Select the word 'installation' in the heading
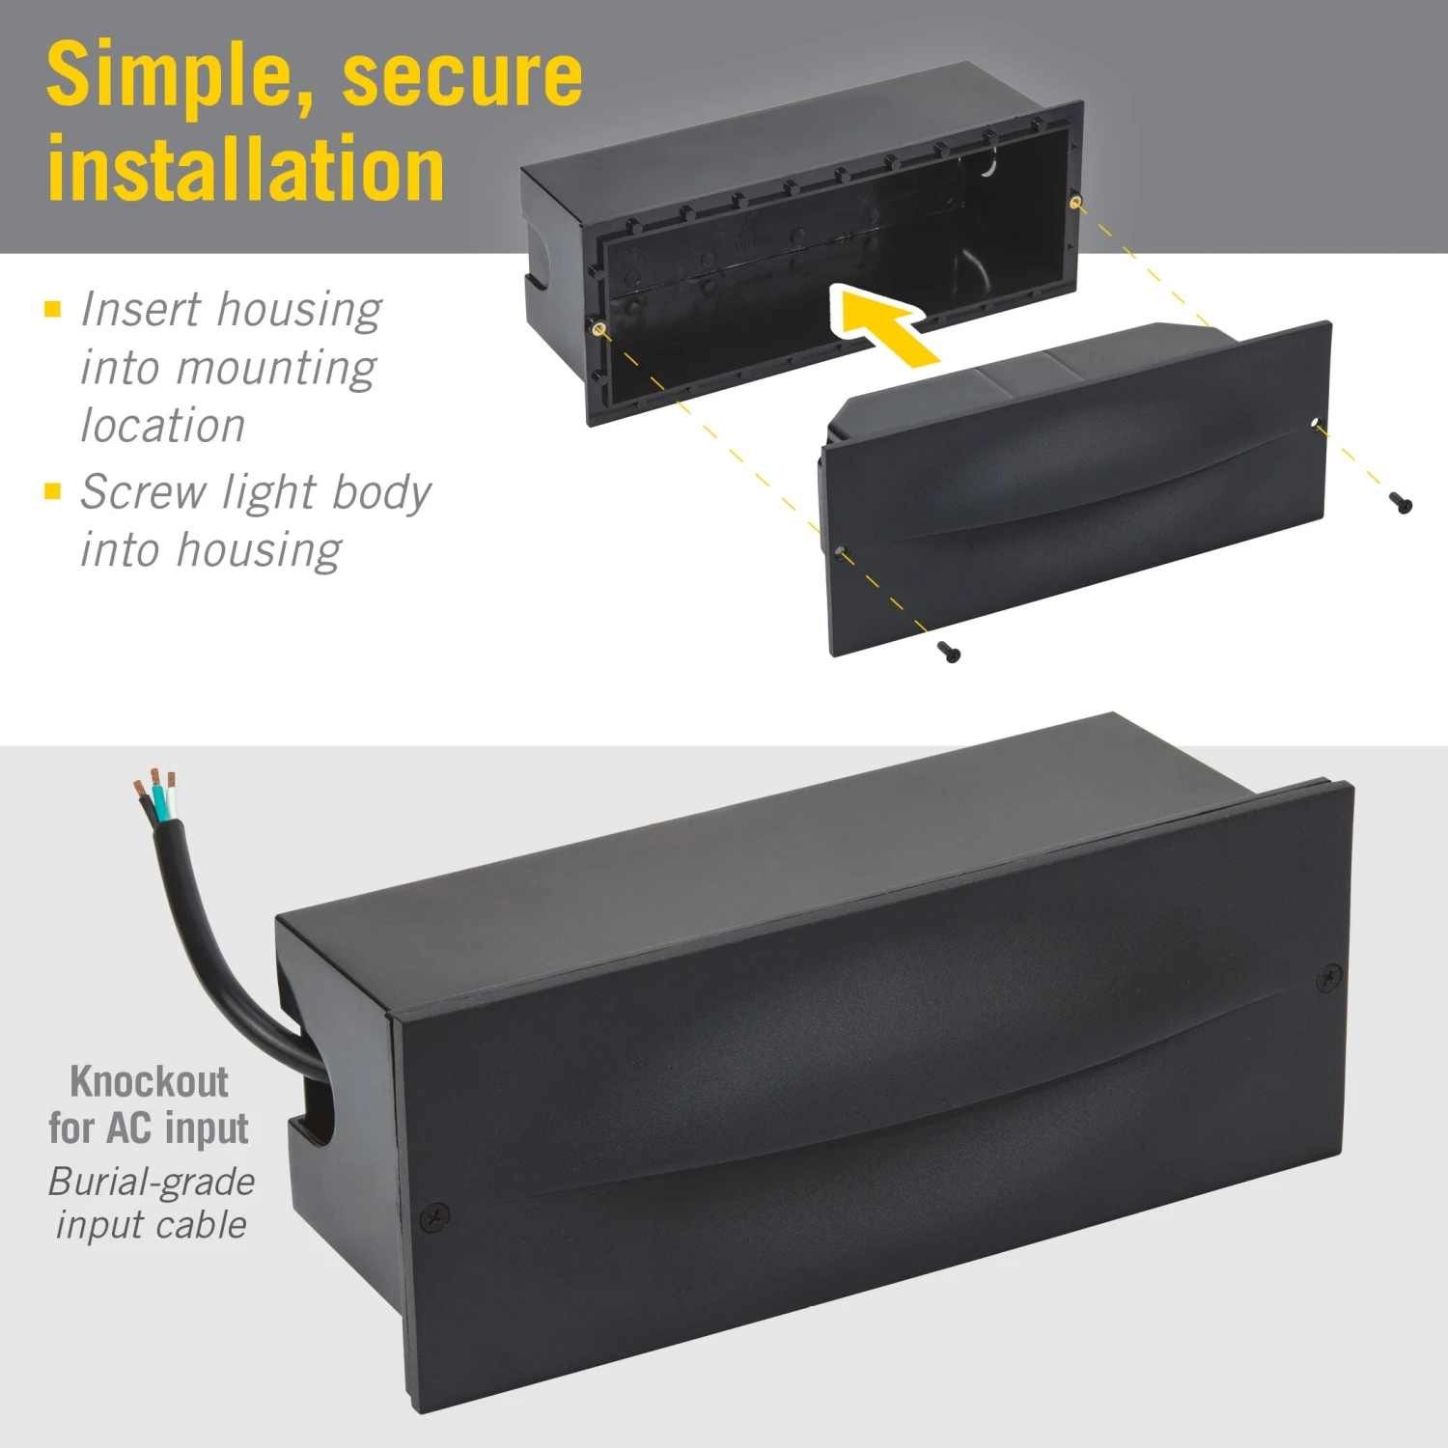tap(246, 170)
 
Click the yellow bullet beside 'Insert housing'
tap(53, 309)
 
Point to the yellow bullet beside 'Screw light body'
tap(53, 491)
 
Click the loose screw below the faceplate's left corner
tap(950, 653)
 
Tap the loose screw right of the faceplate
tap(1401, 502)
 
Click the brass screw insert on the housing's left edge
tap(599, 329)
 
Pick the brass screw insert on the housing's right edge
tap(1076, 202)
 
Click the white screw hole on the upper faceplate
tap(1315, 423)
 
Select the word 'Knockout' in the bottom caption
tap(150, 1082)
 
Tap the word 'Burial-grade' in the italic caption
tap(152, 1182)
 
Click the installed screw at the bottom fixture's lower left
tap(436, 1217)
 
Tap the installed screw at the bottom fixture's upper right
tap(1329, 978)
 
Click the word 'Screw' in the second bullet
tap(144, 492)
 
